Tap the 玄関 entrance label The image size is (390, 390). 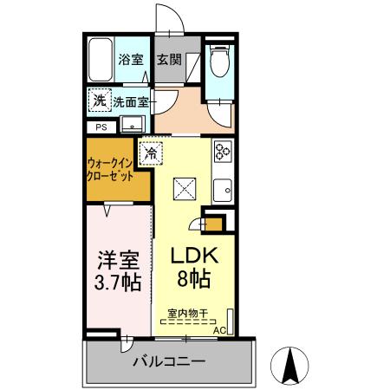point(169,61)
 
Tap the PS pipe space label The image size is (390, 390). point(102,127)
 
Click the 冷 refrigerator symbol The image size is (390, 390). point(152,153)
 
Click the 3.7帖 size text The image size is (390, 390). point(116,283)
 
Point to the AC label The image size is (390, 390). point(221,330)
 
